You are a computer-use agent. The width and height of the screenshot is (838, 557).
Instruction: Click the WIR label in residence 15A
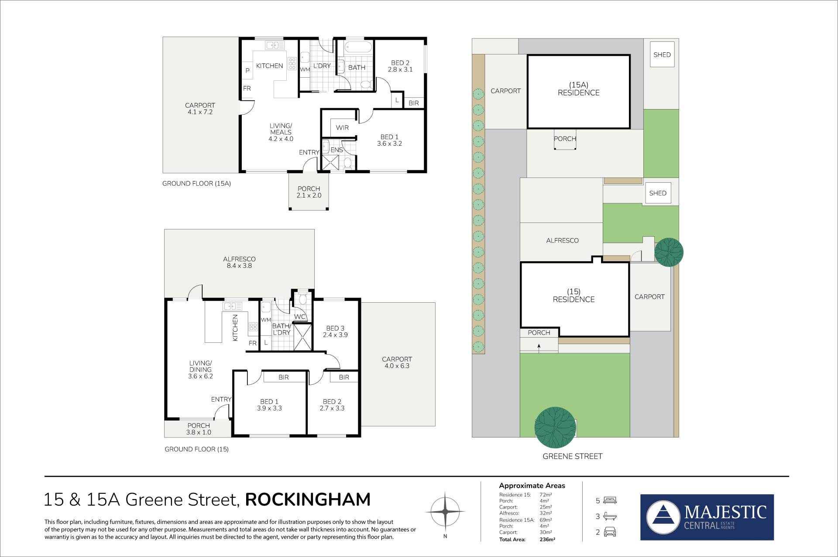(342, 128)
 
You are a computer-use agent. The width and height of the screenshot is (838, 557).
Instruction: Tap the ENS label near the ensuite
(337, 150)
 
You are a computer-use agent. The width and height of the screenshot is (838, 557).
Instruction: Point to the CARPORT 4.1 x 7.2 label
(200, 109)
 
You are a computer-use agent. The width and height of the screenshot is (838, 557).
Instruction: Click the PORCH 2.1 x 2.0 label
(309, 192)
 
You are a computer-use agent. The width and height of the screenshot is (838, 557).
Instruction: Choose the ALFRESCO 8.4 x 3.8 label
(239, 262)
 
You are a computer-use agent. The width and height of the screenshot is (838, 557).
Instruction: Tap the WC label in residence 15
(299, 317)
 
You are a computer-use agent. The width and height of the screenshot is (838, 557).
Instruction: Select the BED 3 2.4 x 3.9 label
(335, 331)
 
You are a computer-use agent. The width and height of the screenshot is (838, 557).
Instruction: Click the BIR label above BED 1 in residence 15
(284, 377)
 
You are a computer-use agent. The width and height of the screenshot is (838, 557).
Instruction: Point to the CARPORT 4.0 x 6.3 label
(397, 362)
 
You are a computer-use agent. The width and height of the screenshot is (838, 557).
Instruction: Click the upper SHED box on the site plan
(662, 55)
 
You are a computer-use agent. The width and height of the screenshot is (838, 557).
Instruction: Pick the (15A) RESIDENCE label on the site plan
(578, 89)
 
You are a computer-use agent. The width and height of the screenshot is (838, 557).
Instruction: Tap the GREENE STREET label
(572, 456)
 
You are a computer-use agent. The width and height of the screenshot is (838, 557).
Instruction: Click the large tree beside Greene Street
(555, 427)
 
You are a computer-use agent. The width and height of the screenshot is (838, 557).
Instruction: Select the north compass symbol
(445, 511)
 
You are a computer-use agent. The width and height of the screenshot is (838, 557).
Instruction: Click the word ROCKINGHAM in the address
(308, 500)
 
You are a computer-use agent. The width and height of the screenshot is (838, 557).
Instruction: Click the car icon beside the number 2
(610, 532)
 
